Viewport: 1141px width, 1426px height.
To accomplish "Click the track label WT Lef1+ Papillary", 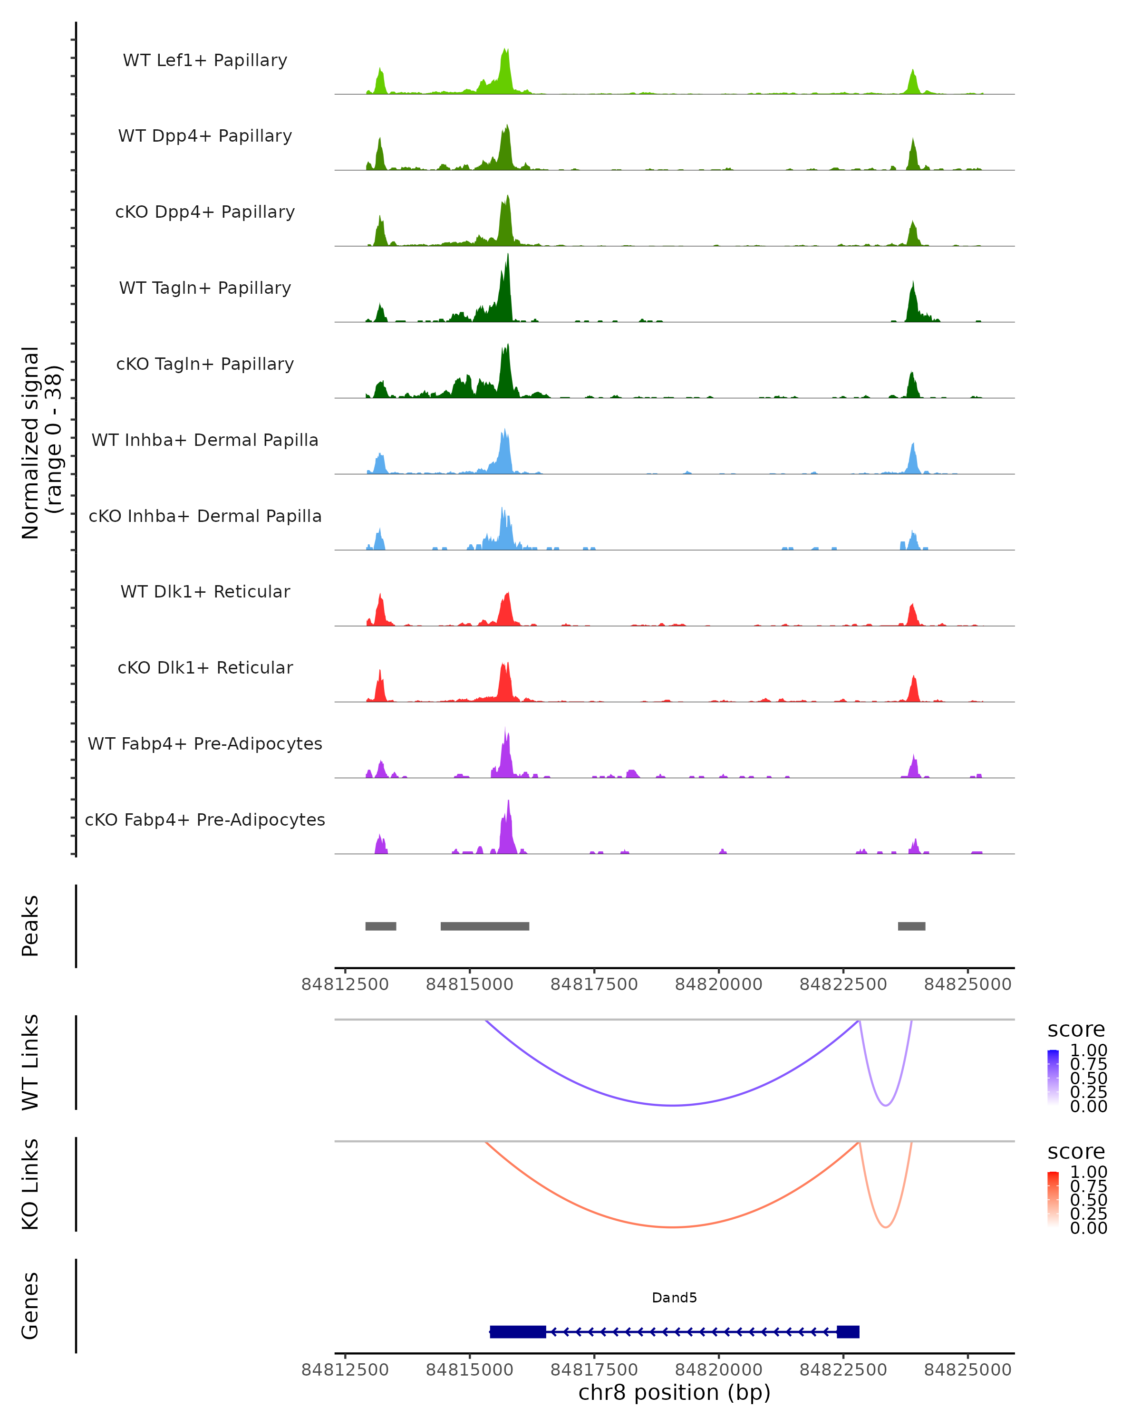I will pos(205,60).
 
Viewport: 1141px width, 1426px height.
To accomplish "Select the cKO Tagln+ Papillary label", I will pos(205,364).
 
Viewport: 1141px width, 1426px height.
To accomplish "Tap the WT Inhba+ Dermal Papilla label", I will pos(205,440).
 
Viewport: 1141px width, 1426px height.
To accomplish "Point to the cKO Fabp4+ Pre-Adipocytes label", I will pos(205,819).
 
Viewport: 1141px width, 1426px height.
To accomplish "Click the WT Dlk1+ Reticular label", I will pos(205,591).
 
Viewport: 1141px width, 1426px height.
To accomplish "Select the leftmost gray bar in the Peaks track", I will pos(380,926).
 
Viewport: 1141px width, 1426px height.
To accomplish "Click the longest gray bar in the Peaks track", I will pos(485,926).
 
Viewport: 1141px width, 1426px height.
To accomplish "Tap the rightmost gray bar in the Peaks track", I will pos(911,926).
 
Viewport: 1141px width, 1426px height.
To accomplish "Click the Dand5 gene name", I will pos(674,1298).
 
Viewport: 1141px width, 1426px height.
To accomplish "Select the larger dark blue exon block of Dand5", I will pos(518,1331).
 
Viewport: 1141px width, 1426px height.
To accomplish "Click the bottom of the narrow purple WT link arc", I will pos(886,1105).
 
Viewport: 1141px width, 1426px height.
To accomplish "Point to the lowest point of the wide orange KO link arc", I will pos(672,1227).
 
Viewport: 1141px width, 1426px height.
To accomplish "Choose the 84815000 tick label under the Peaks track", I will pos(470,984).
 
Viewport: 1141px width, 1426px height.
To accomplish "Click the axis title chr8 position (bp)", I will pos(674,1393).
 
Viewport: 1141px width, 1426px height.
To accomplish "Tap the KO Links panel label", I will pos(30,1184).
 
